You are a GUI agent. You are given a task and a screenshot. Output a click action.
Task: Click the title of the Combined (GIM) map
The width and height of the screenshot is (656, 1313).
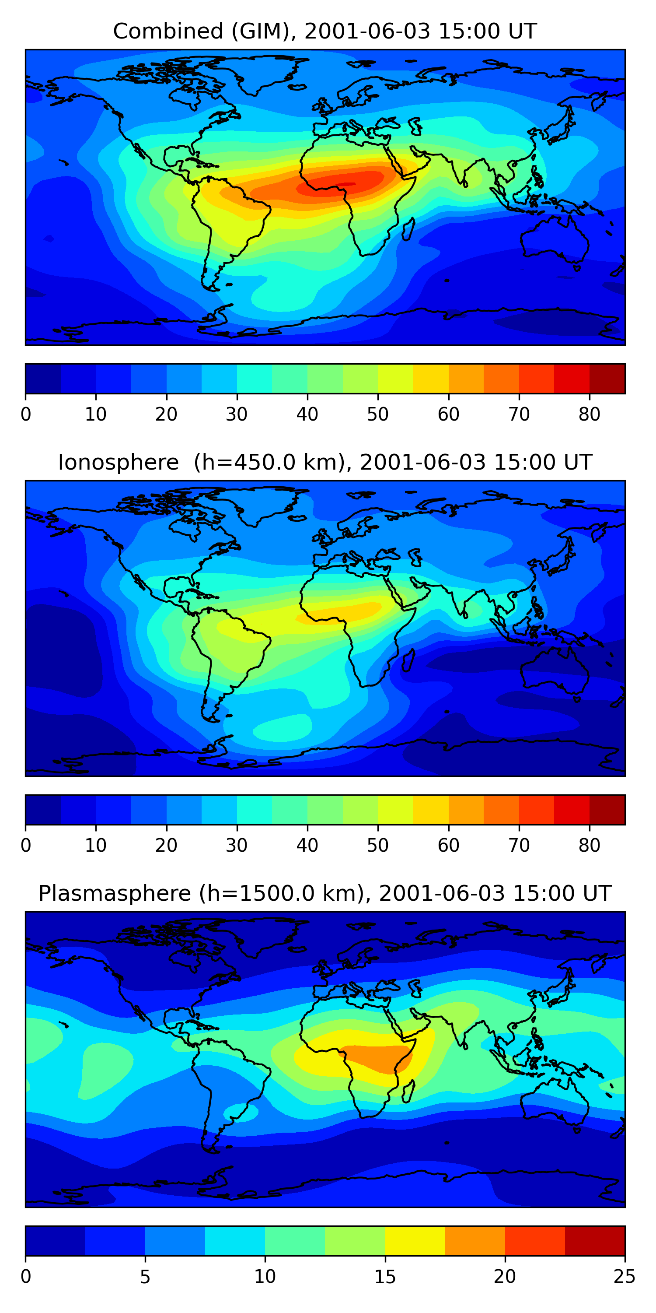pos(325,32)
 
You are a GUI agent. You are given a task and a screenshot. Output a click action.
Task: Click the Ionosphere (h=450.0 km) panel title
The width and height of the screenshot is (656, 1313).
pos(325,462)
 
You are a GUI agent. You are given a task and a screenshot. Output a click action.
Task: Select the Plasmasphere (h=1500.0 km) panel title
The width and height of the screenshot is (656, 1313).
pos(325,894)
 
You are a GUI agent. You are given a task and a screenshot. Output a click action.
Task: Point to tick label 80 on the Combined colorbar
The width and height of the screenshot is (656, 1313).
pos(589,414)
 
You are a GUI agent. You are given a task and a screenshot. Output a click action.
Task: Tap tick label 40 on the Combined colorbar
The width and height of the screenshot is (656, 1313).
pos(307,414)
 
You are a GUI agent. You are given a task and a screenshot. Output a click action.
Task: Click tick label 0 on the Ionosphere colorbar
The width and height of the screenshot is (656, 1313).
pos(26,846)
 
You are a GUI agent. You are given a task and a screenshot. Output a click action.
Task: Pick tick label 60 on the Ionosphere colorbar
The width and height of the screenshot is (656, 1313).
pos(448,846)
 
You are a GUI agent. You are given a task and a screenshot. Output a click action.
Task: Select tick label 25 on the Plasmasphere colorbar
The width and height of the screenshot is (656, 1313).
pos(624,1277)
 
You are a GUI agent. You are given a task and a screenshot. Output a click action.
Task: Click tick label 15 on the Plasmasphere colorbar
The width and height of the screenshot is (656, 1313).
pos(385,1277)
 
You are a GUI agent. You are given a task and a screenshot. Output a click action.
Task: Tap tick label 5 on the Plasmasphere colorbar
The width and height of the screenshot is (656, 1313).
pos(145,1277)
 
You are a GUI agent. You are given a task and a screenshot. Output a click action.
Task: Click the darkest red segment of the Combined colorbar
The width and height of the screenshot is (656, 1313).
pos(607,379)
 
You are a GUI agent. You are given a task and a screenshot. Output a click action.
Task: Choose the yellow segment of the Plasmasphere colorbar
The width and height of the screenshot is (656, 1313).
pos(415,1241)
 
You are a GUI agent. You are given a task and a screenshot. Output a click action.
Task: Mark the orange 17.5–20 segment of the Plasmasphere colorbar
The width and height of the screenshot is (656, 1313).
pos(475,1241)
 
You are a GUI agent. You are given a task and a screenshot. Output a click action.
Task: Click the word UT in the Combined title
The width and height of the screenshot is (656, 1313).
pos(523,32)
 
